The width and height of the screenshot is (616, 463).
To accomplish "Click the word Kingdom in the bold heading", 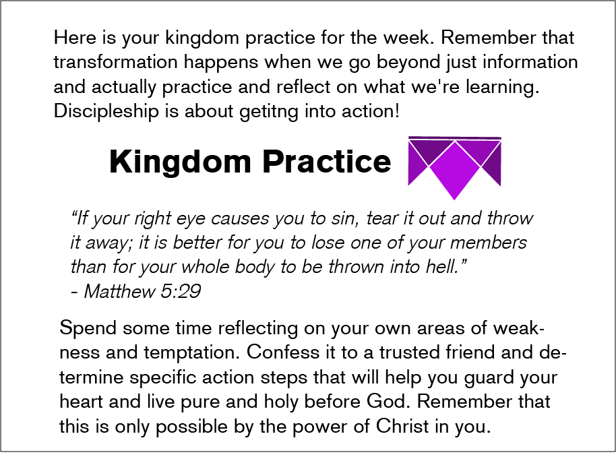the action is click(x=180, y=162).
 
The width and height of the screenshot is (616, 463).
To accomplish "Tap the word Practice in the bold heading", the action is click(x=326, y=161).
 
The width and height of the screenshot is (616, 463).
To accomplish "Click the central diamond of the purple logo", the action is click(x=454, y=171).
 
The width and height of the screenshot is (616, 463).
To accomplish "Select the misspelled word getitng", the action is click(x=269, y=111).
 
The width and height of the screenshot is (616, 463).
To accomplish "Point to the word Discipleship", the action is click(x=106, y=111).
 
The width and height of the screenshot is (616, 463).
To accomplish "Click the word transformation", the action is click(x=115, y=62).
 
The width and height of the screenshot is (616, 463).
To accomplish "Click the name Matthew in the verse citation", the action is click(x=120, y=291).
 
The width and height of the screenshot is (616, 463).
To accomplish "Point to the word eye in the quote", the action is click(x=191, y=219).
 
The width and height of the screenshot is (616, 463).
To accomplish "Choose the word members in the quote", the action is click(x=489, y=243).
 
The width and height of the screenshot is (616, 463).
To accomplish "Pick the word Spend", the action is click(x=88, y=328).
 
